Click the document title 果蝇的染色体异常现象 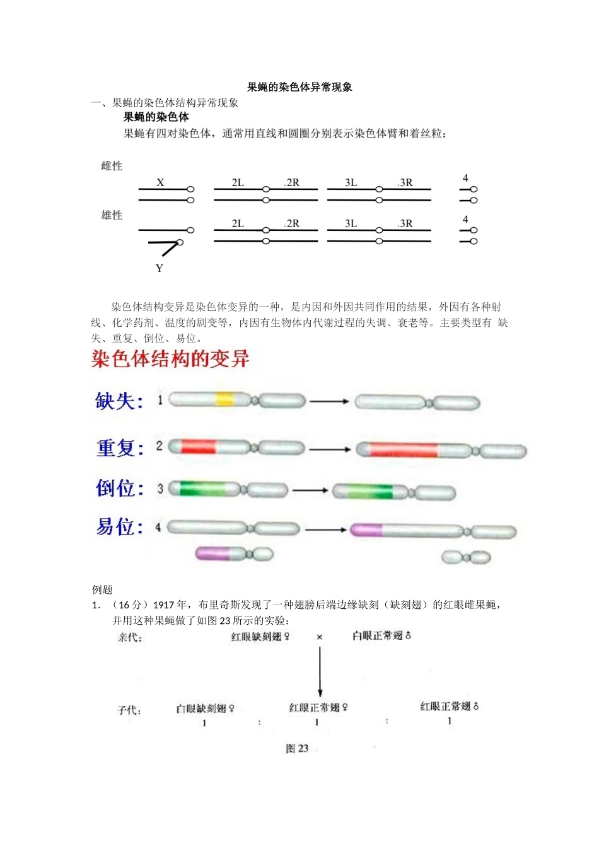point(299,87)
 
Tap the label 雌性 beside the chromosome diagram point(112,166)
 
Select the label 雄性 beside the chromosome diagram point(112,215)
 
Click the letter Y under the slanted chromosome point(159,268)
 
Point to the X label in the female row point(160,182)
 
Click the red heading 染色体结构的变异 point(170,359)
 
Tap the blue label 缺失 point(119,401)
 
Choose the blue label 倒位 point(120,488)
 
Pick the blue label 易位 point(119,526)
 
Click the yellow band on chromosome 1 point(224,399)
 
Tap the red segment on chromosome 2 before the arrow point(198,447)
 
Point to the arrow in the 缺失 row point(329,401)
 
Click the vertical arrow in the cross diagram point(320,672)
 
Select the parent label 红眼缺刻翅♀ point(260,637)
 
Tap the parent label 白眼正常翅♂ point(381,635)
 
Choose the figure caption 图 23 point(297,748)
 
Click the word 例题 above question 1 point(102,589)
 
